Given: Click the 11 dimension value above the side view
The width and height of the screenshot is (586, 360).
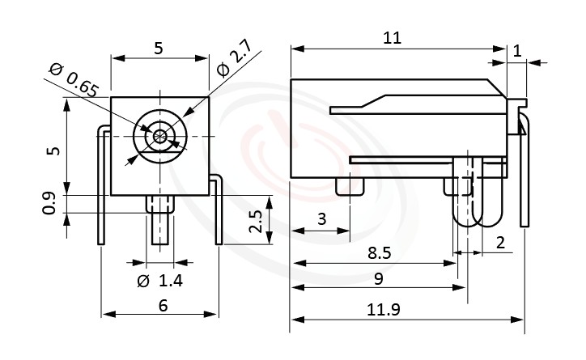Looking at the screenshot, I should [x=392, y=38].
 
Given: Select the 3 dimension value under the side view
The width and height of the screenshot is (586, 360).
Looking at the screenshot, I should [x=321, y=219].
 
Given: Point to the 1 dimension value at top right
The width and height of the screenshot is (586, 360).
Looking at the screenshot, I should [x=517, y=50].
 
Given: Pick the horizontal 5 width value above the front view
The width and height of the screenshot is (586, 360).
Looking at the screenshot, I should [x=159, y=48].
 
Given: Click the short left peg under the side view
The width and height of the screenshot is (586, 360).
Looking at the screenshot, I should [x=349, y=187].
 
